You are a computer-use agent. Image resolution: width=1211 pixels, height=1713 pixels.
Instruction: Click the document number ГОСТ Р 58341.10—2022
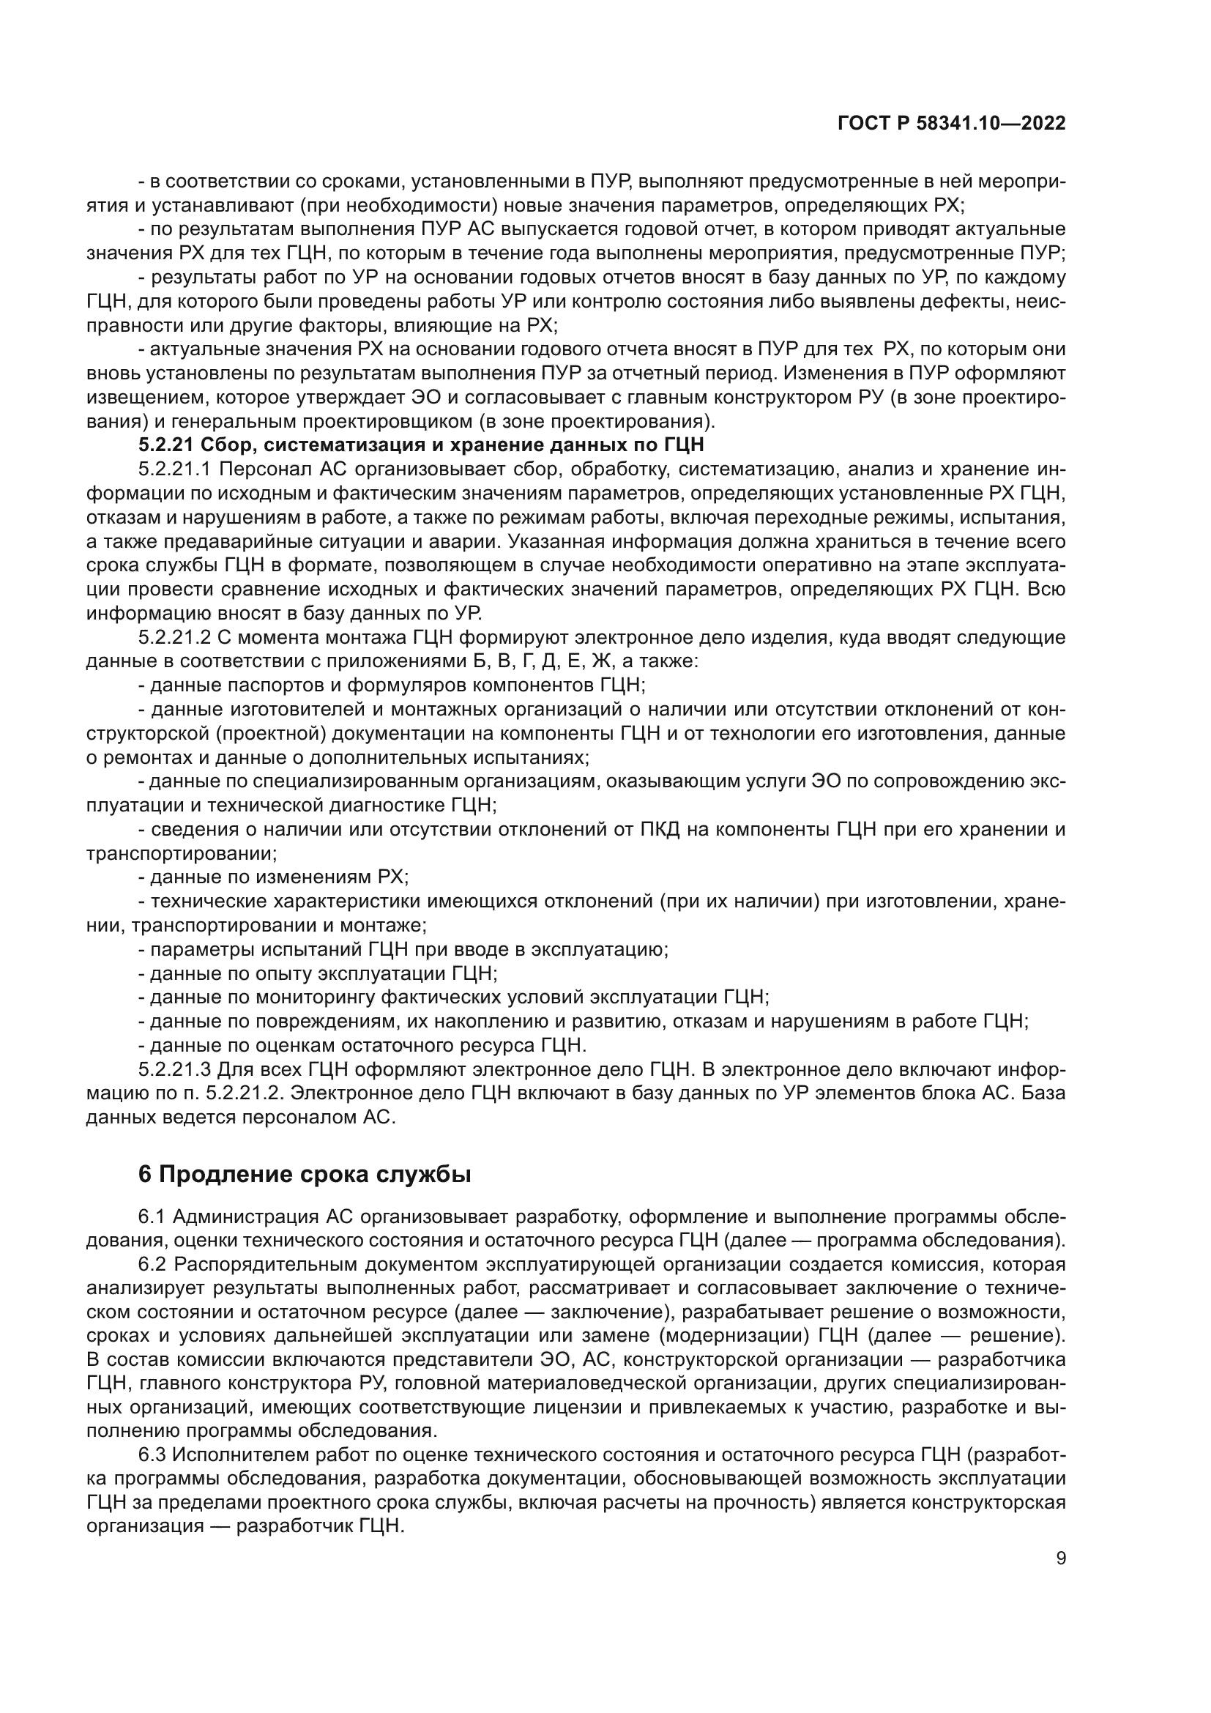[952, 124]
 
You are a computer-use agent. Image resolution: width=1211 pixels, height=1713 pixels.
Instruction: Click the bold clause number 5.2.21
[166, 445]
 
